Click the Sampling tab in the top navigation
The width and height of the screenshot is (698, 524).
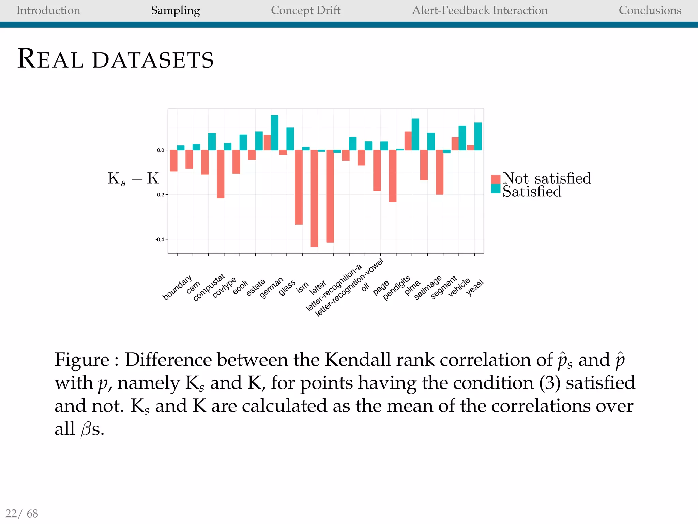(175, 11)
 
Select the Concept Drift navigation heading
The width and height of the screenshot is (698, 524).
(305, 11)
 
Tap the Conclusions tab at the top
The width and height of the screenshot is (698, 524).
(650, 11)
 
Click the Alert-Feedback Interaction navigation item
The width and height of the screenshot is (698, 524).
(480, 11)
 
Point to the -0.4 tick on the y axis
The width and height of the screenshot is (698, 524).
(160, 239)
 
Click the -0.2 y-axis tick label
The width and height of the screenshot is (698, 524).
(160, 195)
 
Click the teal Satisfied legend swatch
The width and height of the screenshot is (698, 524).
(496, 189)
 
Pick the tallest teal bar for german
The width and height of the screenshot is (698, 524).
(274, 133)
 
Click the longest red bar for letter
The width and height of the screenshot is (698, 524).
(314, 198)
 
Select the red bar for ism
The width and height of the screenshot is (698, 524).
(299, 187)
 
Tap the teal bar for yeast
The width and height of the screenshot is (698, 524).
(478, 136)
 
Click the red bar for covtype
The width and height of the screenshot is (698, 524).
(221, 174)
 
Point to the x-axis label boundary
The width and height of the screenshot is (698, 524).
(177, 288)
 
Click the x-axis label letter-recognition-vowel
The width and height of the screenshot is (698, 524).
(349, 288)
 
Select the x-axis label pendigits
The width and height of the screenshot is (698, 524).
(396, 288)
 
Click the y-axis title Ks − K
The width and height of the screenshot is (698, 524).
(133, 178)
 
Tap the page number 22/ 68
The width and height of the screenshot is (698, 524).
(21, 513)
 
